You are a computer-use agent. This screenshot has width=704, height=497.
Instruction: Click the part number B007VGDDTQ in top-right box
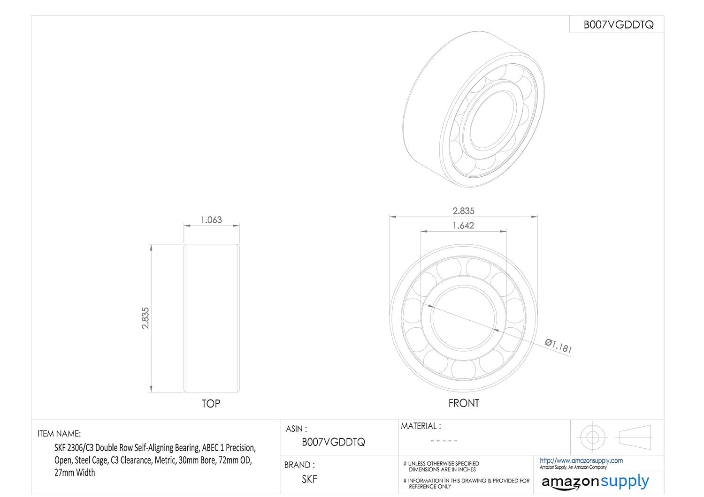click(x=618, y=25)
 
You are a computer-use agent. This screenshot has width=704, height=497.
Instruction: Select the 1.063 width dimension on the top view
click(x=211, y=220)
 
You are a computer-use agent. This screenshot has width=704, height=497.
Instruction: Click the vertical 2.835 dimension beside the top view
click(x=145, y=318)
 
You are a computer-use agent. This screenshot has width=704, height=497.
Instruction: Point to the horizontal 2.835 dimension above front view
click(x=463, y=211)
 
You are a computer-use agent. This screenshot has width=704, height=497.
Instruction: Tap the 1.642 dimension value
click(x=463, y=226)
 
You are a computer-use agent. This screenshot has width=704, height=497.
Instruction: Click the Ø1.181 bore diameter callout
click(x=559, y=346)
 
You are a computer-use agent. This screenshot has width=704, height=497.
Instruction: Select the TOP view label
click(x=211, y=404)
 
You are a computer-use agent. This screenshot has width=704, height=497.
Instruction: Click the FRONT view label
click(x=464, y=403)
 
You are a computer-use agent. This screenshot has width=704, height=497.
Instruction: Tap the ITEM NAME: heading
click(x=59, y=434)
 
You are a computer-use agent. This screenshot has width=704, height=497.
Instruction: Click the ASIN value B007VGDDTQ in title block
click(x=333, y=442)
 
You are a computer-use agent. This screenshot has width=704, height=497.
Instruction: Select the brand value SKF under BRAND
click(x=309, y=479)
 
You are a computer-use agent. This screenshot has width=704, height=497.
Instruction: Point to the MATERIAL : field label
click(x=421, y=426)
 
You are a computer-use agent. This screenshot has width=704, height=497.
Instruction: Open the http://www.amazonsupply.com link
click(x=581, y=460)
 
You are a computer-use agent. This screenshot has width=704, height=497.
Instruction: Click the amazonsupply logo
click(x=595, y=482)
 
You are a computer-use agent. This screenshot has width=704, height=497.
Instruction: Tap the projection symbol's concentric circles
click(x=592, y=437)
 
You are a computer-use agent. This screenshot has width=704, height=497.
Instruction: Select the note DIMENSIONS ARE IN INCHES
click(x=442, y=469)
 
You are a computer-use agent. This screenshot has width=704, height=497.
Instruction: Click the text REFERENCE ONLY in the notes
click(x=430, y=487)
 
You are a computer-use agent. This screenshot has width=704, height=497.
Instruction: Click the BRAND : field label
click(x=299, y=465)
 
